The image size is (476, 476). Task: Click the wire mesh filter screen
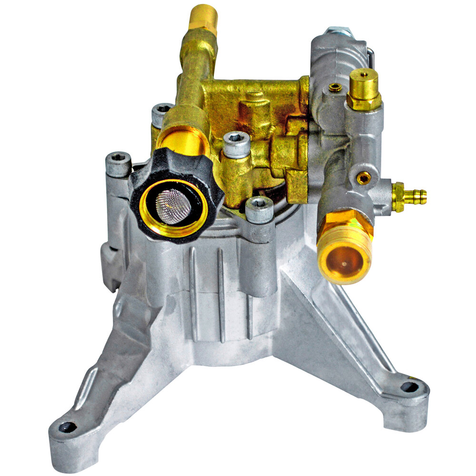click(x=173, y=206)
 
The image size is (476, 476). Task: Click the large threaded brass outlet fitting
click(x=345, y=248)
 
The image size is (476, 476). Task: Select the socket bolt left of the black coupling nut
click(x=118, y=165)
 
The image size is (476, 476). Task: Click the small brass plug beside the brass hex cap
click(x=335, y=87)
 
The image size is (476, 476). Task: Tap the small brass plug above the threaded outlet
click(x=364, y=178)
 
